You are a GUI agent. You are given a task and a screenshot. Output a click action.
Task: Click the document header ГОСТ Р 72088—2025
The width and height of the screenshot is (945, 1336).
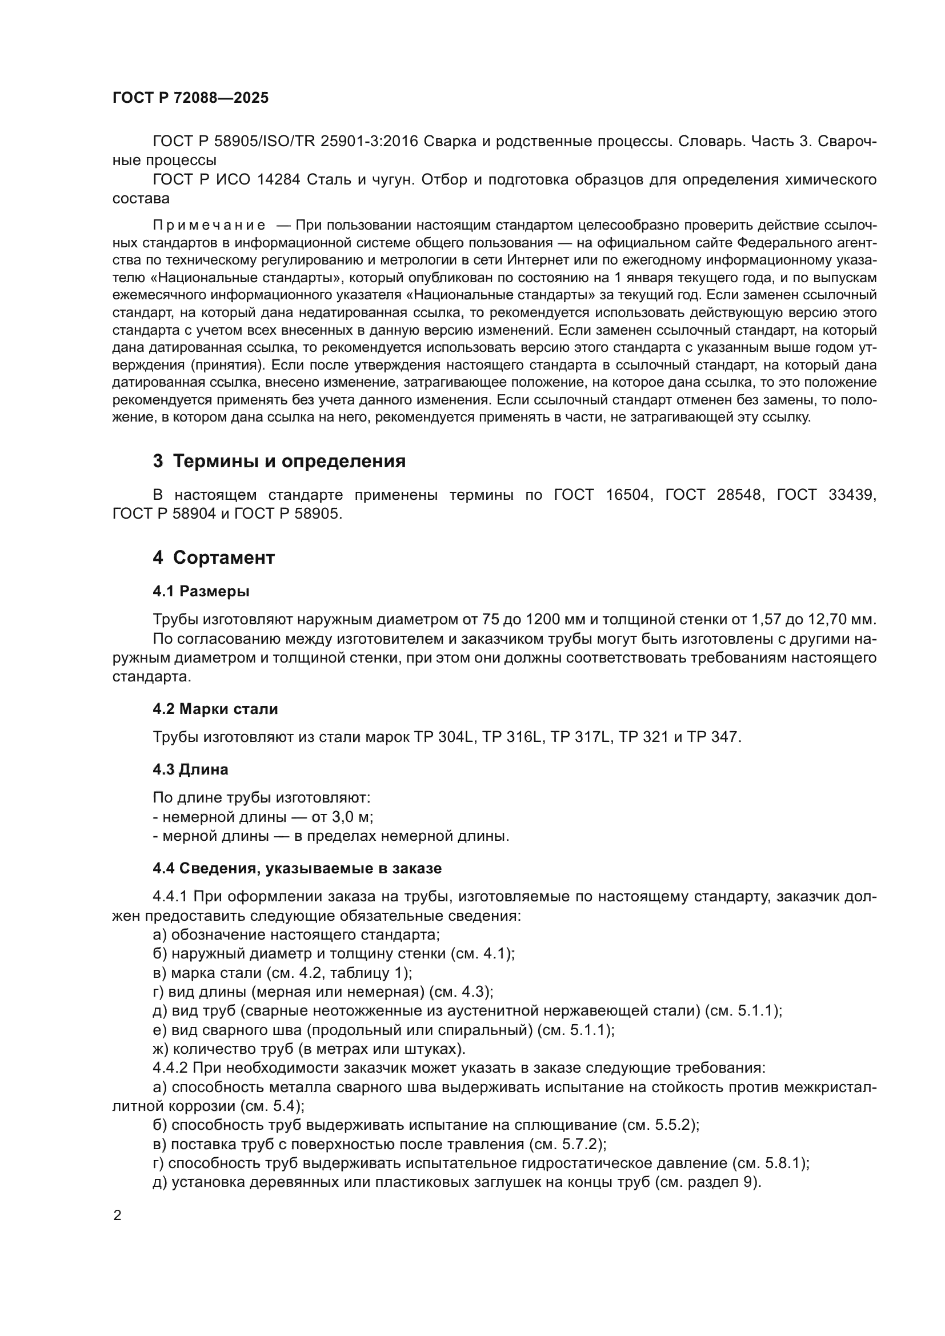(190, 98)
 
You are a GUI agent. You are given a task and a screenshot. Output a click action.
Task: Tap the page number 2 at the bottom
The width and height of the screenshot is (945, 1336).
(118, 1215)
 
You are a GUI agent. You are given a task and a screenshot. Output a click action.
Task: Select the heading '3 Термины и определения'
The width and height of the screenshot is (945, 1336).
(279, 462)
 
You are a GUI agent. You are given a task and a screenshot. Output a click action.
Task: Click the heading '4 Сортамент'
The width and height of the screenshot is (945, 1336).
(214, 557)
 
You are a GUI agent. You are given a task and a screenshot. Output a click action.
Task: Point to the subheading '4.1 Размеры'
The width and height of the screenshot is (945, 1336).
(201, 591)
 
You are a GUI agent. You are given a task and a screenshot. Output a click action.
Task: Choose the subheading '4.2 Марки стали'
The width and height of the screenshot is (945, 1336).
(215, 709)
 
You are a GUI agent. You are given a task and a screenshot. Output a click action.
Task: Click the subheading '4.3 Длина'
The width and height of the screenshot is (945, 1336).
(190, 769)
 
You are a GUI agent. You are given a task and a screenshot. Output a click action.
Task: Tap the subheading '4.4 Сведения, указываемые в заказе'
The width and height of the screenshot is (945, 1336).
(297, 868)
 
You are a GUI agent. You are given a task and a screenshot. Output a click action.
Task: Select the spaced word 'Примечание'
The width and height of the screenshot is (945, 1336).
(209, 225)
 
